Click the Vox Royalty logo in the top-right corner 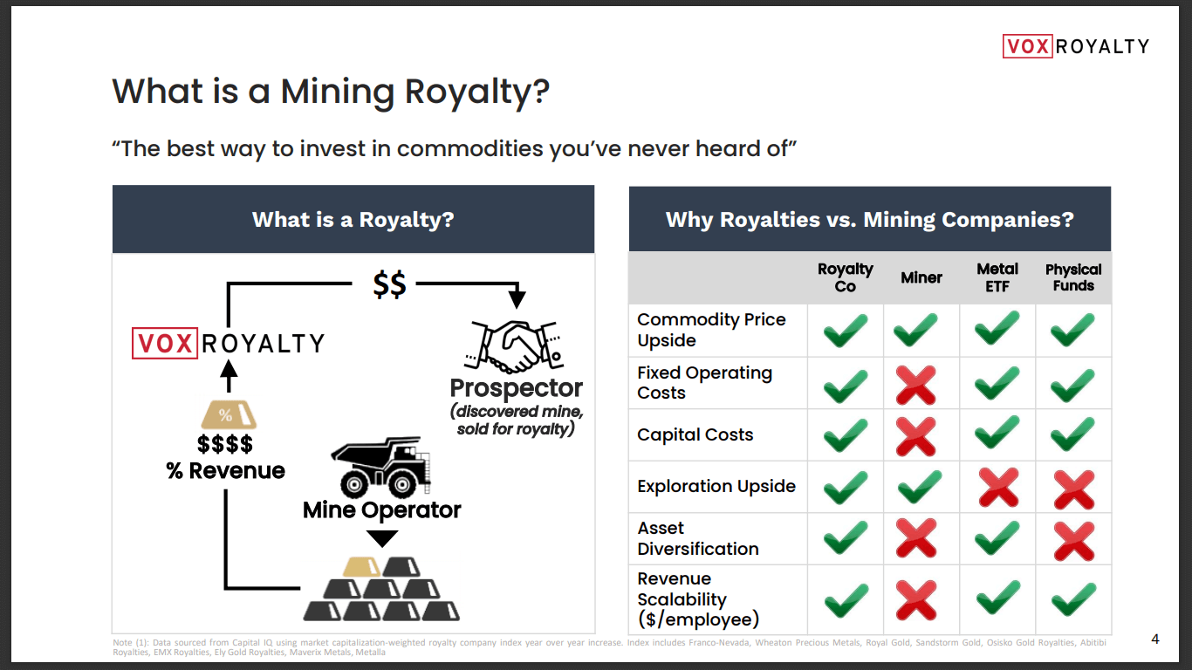click(1075, 45)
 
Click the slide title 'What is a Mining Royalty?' click(331, 92)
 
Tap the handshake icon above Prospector click(516, 345)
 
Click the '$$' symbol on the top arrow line click(389, 285)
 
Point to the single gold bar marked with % click(225, 415)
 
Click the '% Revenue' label click(225, 471)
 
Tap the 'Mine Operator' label click(382, 509)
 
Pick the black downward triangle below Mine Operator click(382, 538)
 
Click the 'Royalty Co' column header click(845, 277)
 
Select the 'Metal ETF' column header click(997, 277)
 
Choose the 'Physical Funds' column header click(1073, 277)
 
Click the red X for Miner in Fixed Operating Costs click(917, 385)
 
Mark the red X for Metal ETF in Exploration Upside click(998, 488)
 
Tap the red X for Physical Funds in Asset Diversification click(1073, 540)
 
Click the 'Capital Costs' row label click(695, 434)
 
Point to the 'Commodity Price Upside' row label click(711, 330)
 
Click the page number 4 click(1155, 639)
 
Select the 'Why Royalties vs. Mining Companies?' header click(869, 219)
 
